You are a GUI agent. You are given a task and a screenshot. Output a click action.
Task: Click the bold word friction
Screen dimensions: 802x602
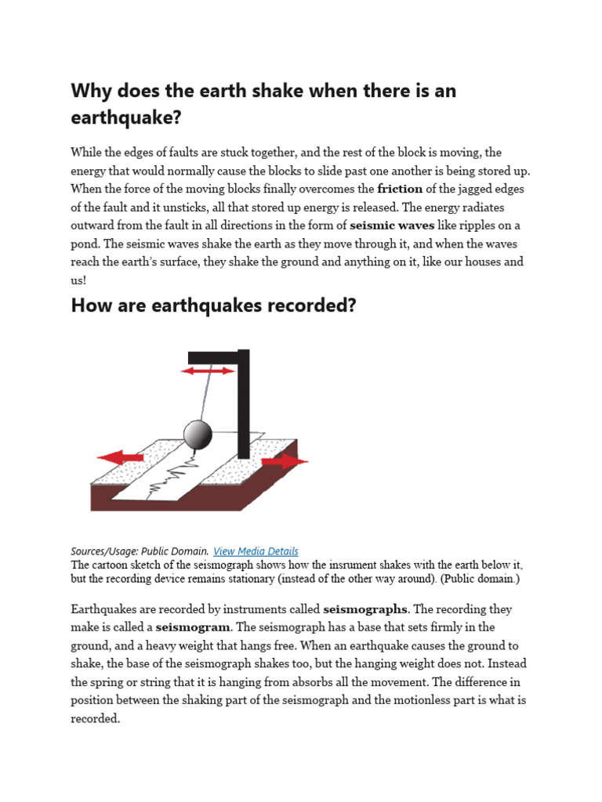click(400, 189)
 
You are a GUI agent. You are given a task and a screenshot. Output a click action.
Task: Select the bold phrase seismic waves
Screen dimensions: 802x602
click(392, 225)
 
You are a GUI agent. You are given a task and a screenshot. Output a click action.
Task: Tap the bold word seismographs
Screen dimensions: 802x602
click(365, 609)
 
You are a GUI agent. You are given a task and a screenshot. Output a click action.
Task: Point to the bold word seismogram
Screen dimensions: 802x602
click(193, 627)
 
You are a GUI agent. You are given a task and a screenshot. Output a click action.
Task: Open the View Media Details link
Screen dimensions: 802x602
click(256, 551)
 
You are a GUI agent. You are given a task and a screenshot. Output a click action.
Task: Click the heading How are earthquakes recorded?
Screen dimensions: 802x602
click(213, 305)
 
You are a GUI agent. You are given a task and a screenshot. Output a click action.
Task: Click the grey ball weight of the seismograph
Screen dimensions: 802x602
click(198, 434)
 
